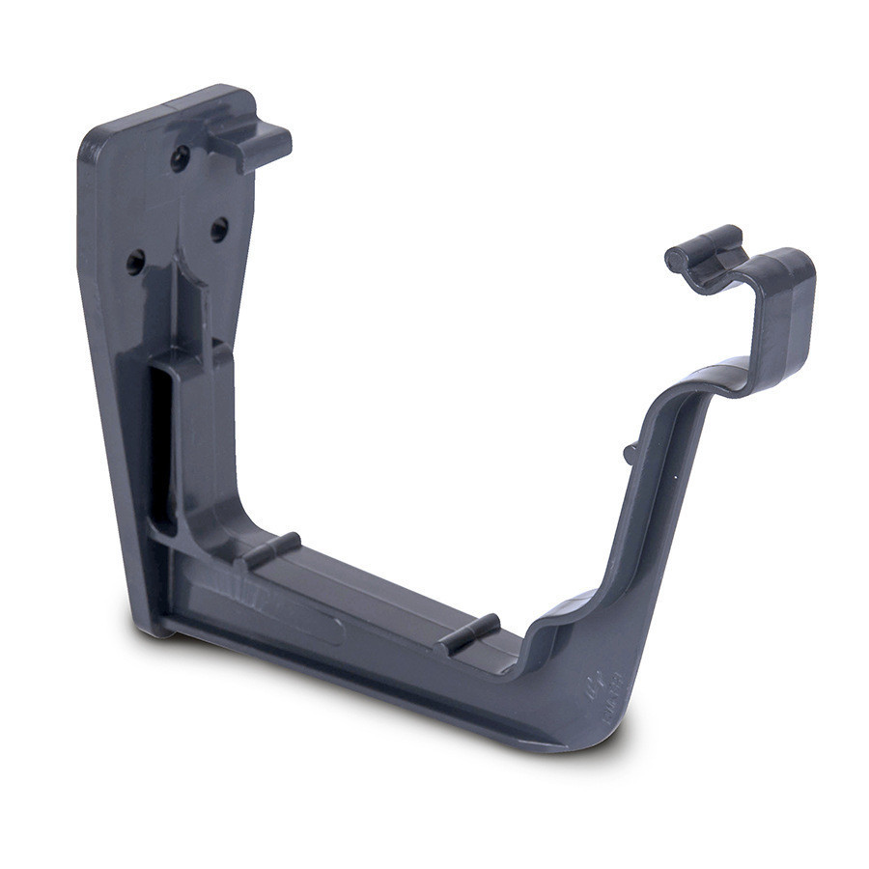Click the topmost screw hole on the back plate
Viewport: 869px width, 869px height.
180,157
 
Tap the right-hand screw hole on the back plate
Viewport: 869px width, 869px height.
219,229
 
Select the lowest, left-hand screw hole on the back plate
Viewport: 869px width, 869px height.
135,262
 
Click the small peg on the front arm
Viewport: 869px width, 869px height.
630,451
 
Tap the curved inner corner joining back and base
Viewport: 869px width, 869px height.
217,526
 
